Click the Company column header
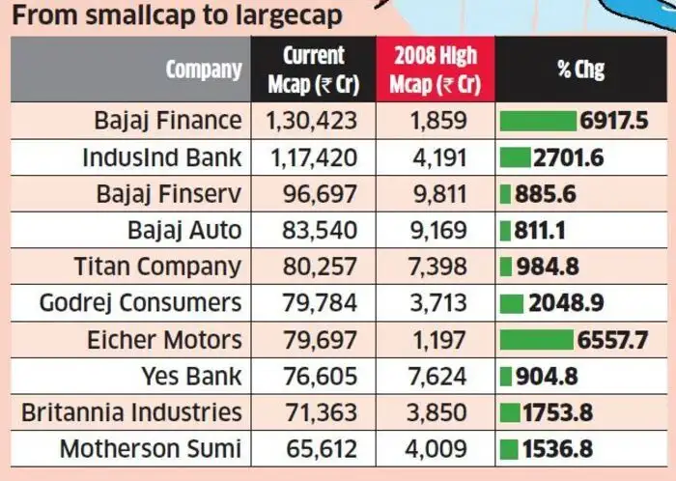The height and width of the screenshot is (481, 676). pos(204,70)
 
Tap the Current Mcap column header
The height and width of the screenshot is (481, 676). pos(312,70)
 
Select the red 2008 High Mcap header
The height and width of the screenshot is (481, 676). pos(434,70)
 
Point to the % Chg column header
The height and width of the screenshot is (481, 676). pos(580,70)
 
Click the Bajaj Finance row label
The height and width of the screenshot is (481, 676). pos(167,121)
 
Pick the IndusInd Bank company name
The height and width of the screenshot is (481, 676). pos(161,157)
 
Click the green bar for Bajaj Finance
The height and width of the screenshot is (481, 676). pos(539,121)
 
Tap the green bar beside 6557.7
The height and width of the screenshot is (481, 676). pos(536,339)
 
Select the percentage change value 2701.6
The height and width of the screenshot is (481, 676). pos(569,157)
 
